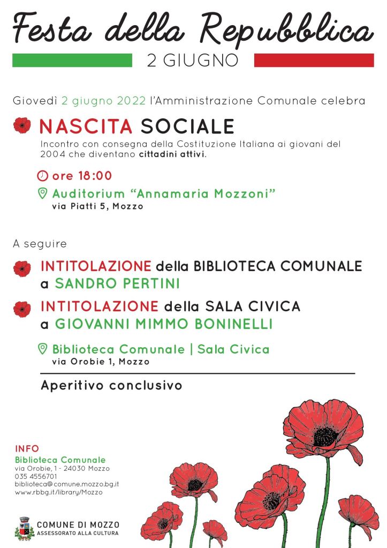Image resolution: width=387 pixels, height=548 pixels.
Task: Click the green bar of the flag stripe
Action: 72,60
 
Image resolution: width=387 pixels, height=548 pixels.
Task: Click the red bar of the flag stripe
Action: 314,60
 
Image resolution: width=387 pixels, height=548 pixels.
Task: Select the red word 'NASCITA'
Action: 86,126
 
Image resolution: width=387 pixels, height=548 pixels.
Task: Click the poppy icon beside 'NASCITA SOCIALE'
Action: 22,125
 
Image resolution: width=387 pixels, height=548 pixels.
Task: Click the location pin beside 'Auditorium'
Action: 42,193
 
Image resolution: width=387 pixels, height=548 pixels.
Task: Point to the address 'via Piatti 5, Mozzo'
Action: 97,206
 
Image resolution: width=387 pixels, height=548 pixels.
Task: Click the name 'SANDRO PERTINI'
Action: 117,283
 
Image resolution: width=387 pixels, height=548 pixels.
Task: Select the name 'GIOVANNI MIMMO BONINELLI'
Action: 164,324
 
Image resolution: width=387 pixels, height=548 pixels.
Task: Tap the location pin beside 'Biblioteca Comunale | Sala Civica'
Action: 42,349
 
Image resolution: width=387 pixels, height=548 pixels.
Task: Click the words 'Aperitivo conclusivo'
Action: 111,385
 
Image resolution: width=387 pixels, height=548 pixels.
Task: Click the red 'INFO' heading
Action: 27,449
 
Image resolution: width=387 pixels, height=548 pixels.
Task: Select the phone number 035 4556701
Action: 36,476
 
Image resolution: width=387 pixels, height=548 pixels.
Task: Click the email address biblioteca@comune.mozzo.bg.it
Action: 66,484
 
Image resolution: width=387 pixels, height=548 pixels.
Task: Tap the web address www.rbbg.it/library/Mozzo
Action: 58,492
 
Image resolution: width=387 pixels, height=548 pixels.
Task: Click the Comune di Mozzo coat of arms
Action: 24,528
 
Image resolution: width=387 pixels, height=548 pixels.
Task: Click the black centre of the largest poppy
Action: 324,436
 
